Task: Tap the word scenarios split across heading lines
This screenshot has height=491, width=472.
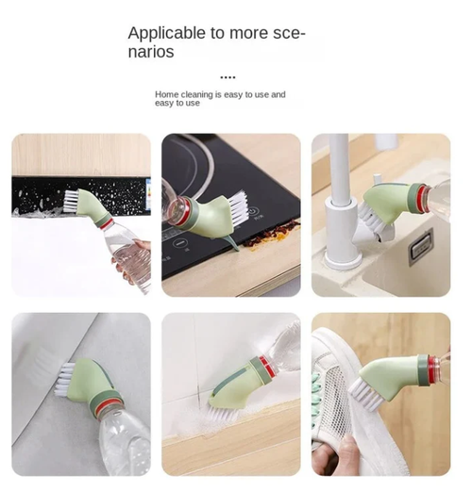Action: click(x=151, y=52)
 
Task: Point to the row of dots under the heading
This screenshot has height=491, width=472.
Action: click(x=228, y=77)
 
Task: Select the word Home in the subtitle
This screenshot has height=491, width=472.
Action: click(x=166, y=95)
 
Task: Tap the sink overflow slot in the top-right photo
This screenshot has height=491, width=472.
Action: click(x=421, y=240)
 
